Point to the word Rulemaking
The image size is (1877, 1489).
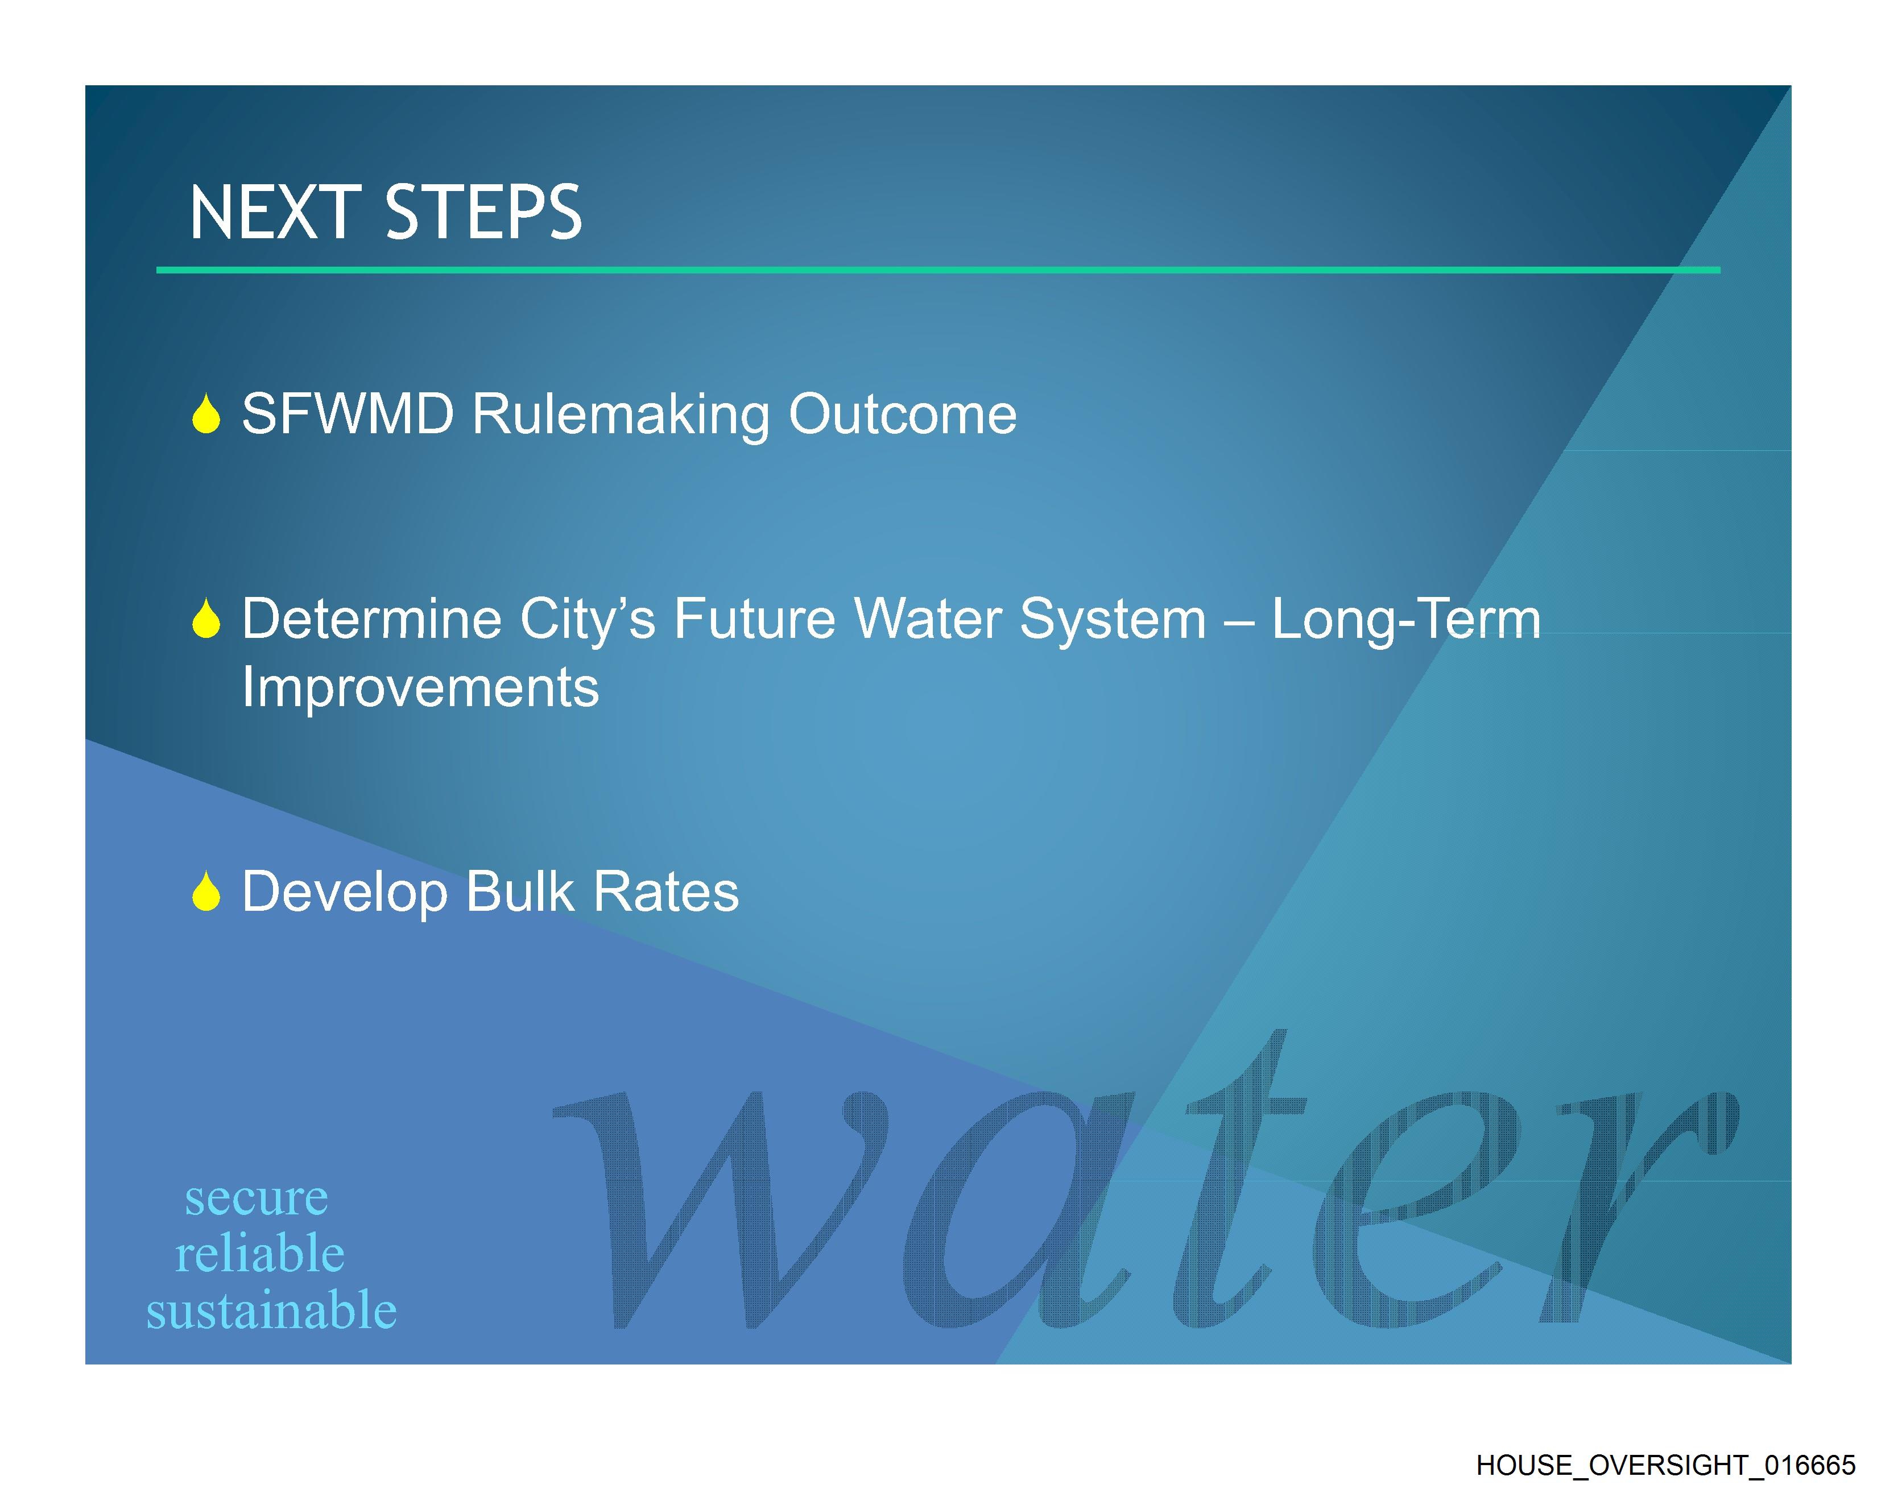pos(621,415)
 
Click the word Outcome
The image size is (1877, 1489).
pos(903,414)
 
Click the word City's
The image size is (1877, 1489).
pos(588,620)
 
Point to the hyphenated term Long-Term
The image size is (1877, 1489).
pos(1406,620)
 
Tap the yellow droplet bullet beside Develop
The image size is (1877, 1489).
pos(206,891)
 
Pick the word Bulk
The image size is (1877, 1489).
pos(520,891)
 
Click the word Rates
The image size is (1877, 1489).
pos(666,891)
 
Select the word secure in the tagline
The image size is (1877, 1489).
pos(257,1198)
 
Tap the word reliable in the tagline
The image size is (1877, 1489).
pos(261,1253)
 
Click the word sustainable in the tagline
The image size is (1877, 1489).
pos(272,1310)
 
